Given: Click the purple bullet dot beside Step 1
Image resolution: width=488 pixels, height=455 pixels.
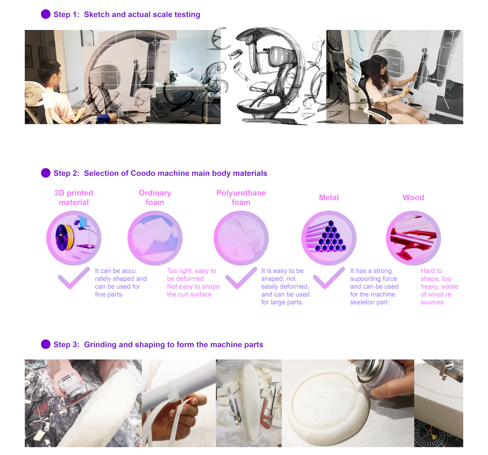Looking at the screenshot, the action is click(x=45, y=14).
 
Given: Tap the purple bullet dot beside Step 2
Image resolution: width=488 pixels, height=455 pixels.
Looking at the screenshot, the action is click(x=45, y=173).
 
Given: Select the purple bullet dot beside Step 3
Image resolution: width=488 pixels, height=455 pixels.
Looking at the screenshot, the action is click(x=45, y=344).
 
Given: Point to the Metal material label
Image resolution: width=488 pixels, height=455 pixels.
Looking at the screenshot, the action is click(x=329, y=197).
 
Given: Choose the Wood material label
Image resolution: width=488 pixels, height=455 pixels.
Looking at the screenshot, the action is click(x=413, y=197).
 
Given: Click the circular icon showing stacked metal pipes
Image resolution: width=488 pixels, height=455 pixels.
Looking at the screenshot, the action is click(x=329, y=238).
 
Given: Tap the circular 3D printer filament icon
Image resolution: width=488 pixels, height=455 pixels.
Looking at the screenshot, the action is click(x=74, y=238).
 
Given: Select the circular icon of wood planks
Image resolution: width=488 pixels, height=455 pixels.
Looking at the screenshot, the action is click(x=413, y=238).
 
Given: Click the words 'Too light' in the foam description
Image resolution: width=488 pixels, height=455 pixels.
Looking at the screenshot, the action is click(x=179, y=271).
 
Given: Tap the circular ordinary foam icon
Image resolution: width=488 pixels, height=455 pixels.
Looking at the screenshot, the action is click(x=155, y=238).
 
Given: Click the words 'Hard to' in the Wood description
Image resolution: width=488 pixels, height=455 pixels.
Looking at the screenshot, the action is click(x=431, y=271).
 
